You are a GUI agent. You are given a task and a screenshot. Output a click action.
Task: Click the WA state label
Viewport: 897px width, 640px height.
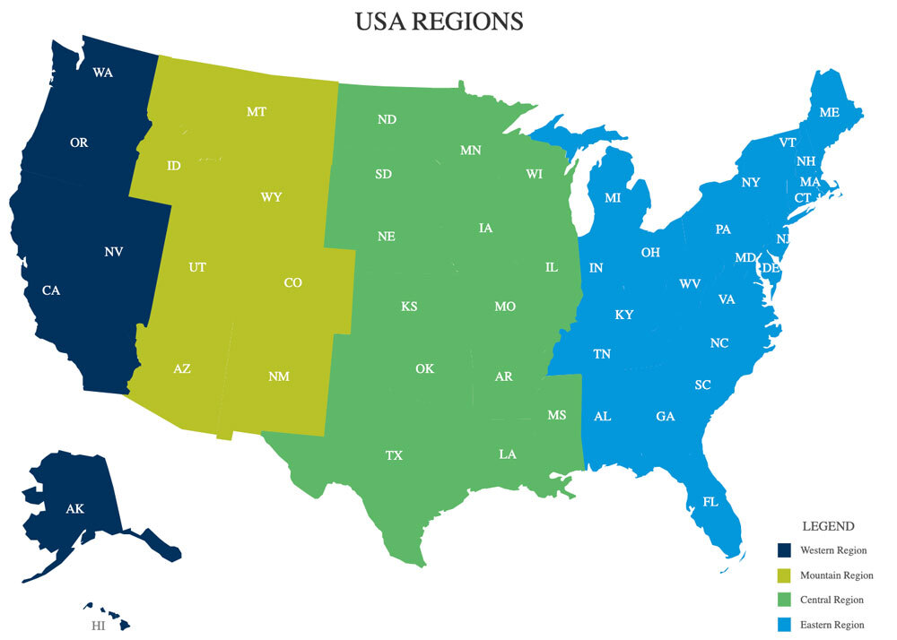coord(102,73)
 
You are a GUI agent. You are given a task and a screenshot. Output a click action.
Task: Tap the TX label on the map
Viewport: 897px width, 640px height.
coord(394,455)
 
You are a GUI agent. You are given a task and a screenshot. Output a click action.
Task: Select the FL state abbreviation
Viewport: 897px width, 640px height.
coord(710,502)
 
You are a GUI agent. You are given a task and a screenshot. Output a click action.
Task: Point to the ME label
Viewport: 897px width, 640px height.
coord(829,113)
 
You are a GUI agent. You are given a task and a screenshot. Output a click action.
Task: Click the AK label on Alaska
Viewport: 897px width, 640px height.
coord(74,509)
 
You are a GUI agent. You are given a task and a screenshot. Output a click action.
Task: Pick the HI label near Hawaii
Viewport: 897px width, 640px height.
coord(98,626)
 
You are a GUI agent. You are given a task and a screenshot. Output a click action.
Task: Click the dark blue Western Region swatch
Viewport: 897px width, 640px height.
coord(784,550)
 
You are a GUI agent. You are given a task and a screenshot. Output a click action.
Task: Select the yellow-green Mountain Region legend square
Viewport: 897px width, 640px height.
coord(784,575)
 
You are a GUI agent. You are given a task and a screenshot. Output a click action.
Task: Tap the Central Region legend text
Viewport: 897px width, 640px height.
coord(832,600)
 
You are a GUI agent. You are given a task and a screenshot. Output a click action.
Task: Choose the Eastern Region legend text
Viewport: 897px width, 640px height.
coord(832,625)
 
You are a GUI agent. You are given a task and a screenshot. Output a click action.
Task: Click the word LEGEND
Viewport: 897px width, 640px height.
coord(828,526)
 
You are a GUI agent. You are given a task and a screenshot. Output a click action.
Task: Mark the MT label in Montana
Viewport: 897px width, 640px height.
coord(257,112)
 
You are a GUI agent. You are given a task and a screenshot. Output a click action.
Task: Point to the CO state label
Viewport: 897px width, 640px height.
coord(292,282)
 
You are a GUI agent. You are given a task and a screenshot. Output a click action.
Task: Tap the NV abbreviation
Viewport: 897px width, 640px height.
coord(113,252)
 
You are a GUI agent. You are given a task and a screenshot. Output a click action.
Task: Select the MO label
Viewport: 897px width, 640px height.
coord(505,307)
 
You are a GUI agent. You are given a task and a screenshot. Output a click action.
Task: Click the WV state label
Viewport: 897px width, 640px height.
coord(690,283)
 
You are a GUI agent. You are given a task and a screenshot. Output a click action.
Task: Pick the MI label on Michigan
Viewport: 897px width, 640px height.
coord(613,198)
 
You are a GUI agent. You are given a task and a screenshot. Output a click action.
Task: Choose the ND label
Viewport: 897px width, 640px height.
coord(387,119)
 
